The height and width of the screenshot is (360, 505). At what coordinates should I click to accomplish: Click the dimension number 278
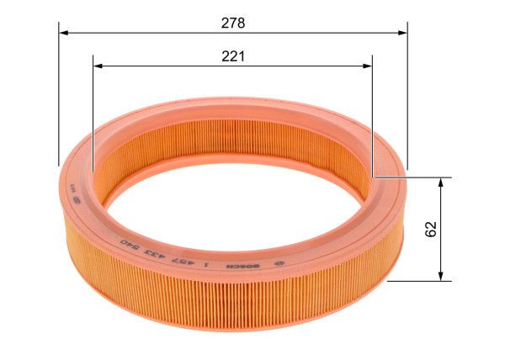(x=233, y=23)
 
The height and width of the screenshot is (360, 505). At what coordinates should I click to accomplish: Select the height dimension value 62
(x=431, y=229)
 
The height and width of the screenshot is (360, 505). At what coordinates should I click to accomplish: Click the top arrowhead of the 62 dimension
(x=441, y=183)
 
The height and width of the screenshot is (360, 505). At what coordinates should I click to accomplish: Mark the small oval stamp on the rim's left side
(x=73, y=202)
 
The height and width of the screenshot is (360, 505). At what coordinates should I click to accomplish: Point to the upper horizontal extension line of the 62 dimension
(x=412, y=177)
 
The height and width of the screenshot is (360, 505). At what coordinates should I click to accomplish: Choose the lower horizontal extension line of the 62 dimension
(x=421, y=280)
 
